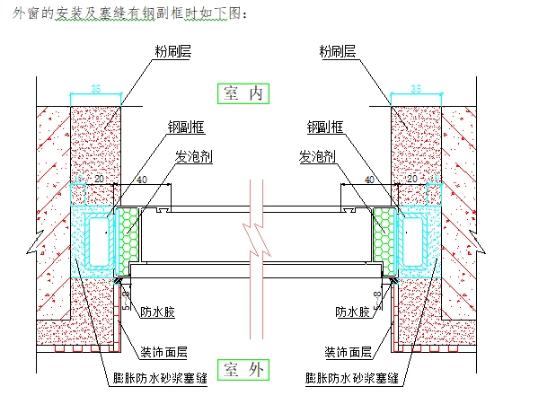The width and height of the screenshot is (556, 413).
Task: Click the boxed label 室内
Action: (243, 92)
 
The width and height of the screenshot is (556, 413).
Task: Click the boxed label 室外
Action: (243, 370)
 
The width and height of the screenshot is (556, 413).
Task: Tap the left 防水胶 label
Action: (156, 312)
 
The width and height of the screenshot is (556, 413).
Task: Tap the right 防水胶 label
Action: (352, 312)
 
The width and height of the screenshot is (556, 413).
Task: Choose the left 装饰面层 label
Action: (163, 352)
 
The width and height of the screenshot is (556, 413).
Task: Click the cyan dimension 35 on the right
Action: (415, 88)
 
